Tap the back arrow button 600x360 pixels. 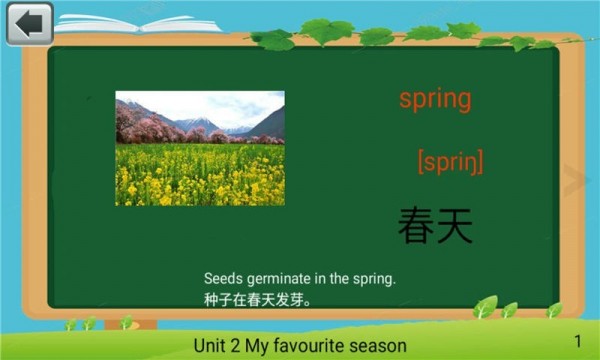click(x=29, y=23)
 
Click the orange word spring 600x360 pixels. click(x=435, y=99)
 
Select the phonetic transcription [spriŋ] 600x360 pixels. click(x=450, y=161)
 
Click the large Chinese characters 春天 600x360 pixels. click(x=435, y=225)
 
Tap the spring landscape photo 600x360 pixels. click(x=200, y=148)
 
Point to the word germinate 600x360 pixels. click(x=275, y=279)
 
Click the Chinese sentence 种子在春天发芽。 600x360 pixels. click(x=259, y=299)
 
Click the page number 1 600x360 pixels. click(x=578, y=342)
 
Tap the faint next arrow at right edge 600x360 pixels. click(x=575, y=181)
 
